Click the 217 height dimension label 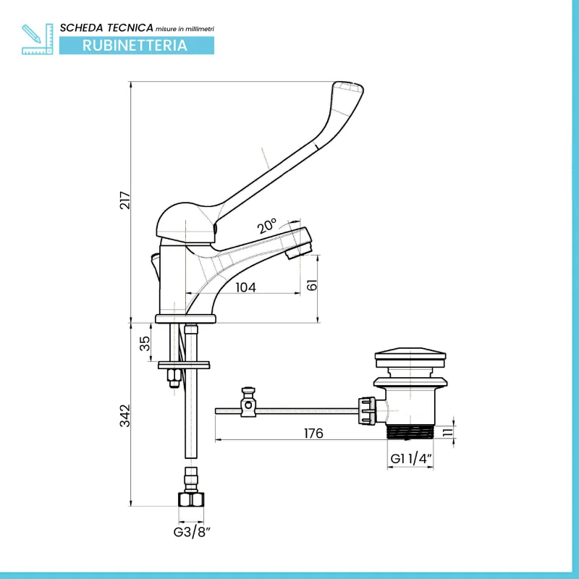[x=124, y=200]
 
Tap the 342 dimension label [x=124, y=414]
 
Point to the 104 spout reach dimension [x=245, y=287]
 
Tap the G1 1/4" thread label [x=411, y=459]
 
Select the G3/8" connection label [x=192, y=533]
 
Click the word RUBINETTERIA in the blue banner [x=135, y=45]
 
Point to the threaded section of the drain [x=410, y=432]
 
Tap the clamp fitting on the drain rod [x=250, y=403]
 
